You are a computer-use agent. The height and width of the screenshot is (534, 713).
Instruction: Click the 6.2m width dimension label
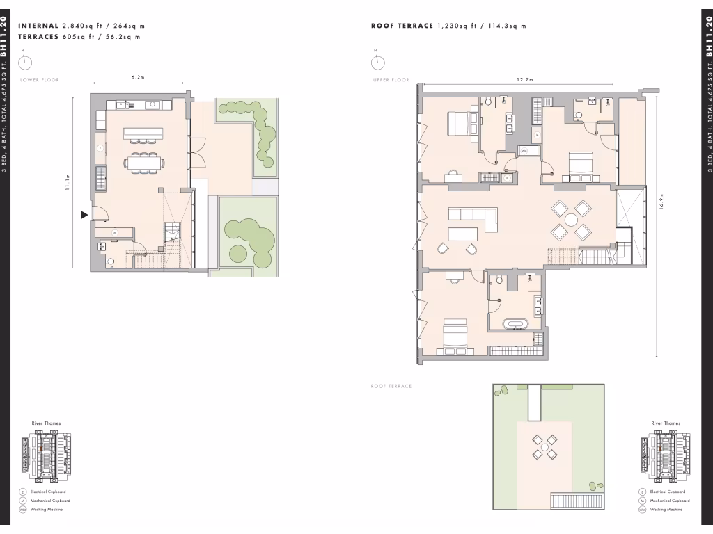click(137, 77)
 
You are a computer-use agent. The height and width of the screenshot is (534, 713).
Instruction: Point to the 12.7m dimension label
click(526, 80)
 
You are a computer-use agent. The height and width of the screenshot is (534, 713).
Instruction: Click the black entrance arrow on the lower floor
click(85, 216)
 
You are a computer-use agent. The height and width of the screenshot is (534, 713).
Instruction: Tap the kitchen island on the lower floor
click(143, 132)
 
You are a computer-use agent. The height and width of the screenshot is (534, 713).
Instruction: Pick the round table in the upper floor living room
click(571, 220)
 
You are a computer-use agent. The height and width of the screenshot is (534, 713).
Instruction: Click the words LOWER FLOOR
click(40, 80)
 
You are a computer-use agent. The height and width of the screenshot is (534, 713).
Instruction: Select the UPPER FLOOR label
click(391, 80)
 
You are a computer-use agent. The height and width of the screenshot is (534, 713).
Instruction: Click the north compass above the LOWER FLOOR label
click(25, 63)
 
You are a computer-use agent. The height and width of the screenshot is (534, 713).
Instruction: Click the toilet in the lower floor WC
click(111, 262)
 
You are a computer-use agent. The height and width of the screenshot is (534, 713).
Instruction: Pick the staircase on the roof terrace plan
click(577, 501)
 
